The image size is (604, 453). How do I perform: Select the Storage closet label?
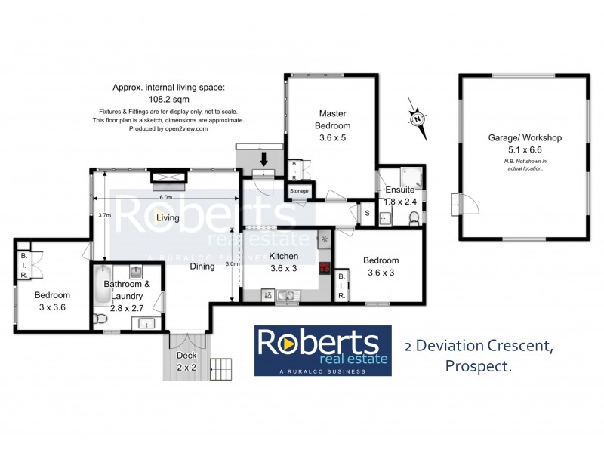pyautogui.click(x=299, y=191)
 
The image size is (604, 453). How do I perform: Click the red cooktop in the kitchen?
pyautogui.click(x=325, y=267)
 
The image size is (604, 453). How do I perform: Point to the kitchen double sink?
pyautogui.click(x=287, y=295)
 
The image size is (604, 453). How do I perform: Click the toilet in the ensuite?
pyautogui.click(x=413, y=218)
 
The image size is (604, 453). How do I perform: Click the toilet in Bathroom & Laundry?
pyautogui.click(x=98, y=319)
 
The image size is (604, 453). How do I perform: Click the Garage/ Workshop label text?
pyautogui.click(x=524, y=138)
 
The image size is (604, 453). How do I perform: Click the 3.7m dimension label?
pyautogui.click(x=105, y=215)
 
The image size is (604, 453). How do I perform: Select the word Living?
pyautogui.click(x=168, y=218)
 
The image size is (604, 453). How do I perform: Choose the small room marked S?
pyautogui.click(x=367, y=213)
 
